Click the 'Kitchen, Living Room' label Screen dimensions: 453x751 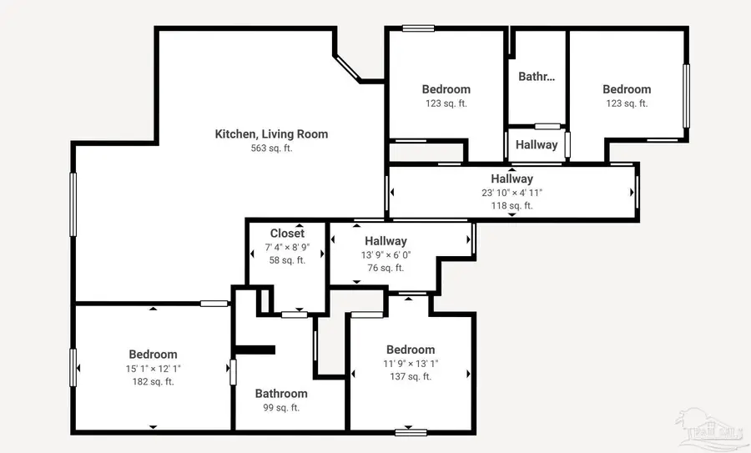[x=271, y=133]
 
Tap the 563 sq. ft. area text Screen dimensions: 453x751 [x=271, y=148]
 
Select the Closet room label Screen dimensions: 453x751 [x=287, y=234]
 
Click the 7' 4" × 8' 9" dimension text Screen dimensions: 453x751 [x=287, y=248]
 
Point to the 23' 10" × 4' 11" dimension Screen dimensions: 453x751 [x=512, y=193]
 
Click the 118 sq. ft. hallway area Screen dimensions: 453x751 [x=512, y=205]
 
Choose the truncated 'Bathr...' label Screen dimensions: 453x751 [x=537, y=77]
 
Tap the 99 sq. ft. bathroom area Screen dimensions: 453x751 [x=281, y=408]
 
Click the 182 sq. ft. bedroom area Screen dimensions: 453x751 [x=153, y=382]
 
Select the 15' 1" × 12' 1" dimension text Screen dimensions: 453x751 [x=153, y=369]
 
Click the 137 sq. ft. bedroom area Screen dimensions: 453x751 [x=411, y=377]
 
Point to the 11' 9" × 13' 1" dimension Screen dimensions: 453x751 [x=411, y=364]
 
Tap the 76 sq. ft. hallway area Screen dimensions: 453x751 [x=385, y=269]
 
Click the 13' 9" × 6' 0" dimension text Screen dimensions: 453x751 [x=385, y=255]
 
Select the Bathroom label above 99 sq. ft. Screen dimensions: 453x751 [x=281, y=394]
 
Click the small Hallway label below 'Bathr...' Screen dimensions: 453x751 [x=536, y=144]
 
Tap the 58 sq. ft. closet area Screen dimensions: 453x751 [x=287, y=260]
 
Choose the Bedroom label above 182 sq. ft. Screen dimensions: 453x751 [x=153, y=355]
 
